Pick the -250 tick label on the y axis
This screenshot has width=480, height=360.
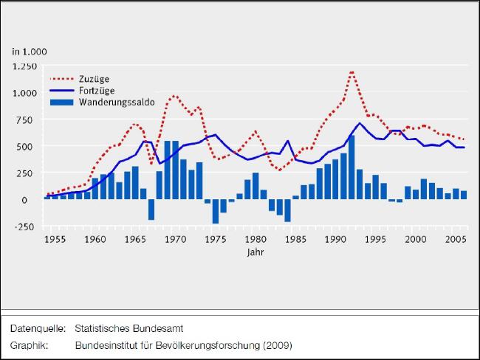coord(28,226)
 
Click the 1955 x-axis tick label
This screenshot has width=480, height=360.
coord(52,240)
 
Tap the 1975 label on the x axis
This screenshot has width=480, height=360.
coord(215,240)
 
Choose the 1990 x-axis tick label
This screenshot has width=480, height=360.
coord(336,240)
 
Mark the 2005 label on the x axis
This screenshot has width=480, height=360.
coord(456,240)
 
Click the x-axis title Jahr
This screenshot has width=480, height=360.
coord(255,252)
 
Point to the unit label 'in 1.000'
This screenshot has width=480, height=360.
coord(29,51)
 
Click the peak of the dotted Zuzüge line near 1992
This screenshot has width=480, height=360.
coord(352,72)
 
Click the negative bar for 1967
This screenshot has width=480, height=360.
coord(151,210)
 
